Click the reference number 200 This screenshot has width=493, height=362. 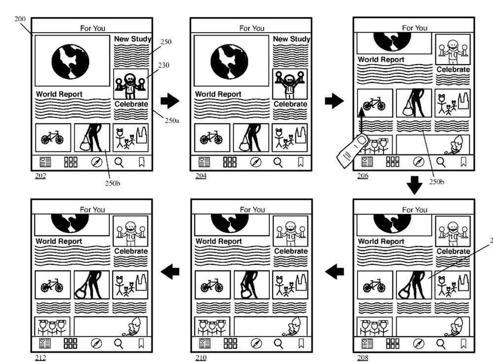[20, 19]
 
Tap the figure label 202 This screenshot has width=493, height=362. [40, 176]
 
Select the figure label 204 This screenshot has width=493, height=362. [201, 176]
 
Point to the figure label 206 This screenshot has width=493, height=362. [362, 176]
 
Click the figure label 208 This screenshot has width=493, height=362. [362, 358]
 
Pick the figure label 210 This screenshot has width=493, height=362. [201, 358]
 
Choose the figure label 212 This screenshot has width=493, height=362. [40, 358]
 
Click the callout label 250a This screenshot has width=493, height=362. [172, 120]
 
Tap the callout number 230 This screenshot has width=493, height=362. [164, 65]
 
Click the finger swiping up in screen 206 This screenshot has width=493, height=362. [353, 149]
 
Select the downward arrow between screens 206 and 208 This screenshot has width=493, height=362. [415, 185]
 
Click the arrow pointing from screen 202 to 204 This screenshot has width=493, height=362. [170, 101]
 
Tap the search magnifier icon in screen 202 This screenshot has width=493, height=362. [119, 162]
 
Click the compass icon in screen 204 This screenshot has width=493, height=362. [255, 162]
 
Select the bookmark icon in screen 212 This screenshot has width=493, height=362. [141, 343]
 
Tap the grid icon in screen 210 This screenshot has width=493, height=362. [230, 343]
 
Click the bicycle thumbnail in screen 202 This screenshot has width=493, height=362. [53, 138]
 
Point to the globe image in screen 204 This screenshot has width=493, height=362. [229, 62]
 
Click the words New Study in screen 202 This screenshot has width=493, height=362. [132, 39]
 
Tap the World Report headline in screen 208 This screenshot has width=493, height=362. [381, 242]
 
